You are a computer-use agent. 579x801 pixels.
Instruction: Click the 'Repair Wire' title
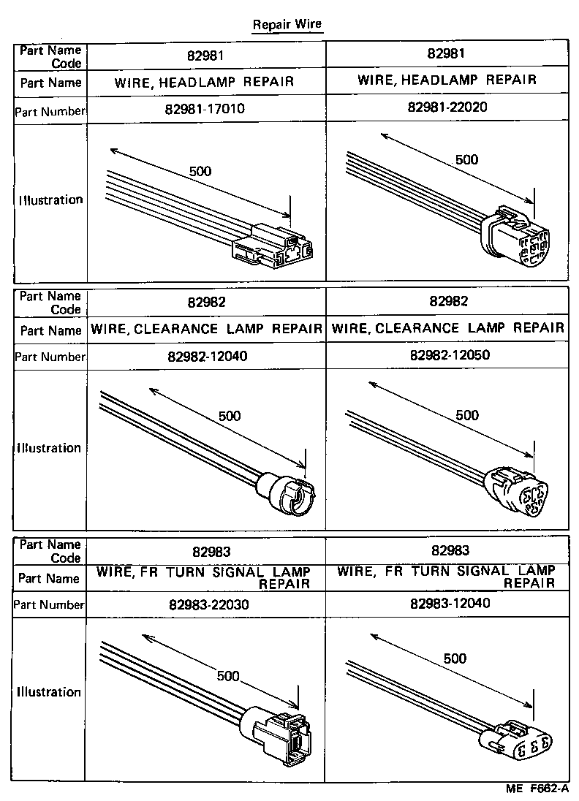click(287, 24)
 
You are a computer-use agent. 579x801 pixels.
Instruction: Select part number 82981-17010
click(205, 110)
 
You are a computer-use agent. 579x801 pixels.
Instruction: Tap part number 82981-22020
click(447, 107)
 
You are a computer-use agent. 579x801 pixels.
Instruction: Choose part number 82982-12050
click(447, 355)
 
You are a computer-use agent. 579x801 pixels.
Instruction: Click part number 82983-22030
click(205, 604)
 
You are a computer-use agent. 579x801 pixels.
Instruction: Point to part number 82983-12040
click(447, 603)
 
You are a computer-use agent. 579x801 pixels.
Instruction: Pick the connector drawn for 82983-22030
click(281, 733)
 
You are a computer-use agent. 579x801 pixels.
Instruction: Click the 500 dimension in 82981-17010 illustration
click(200, 172)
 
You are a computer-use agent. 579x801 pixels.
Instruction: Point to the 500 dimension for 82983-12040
click(455, 658)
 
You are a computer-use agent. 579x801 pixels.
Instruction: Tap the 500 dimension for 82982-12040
click(230, 416)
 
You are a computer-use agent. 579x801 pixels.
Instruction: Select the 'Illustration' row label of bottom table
click(50, 692)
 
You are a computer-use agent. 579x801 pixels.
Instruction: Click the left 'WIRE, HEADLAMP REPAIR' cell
click(205, 82)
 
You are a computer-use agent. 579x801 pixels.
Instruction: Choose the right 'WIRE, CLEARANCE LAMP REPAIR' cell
click(447, 328)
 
